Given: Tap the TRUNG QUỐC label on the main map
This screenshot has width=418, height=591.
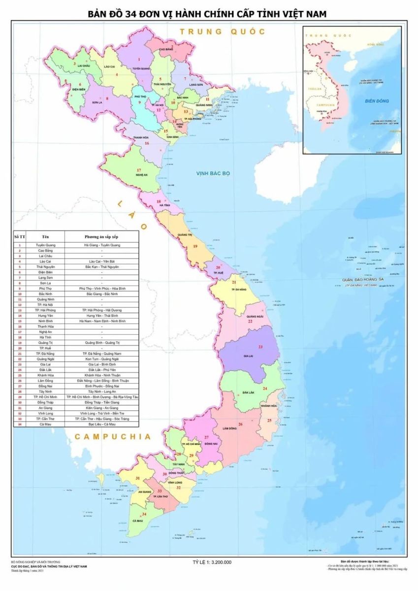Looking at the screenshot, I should pyautogui.click(x=222, y=32).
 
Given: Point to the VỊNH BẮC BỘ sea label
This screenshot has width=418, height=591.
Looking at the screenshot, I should pyautogui.click(x=213, y=173).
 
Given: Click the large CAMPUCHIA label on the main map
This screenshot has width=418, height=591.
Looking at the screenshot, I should pyautogui.click(x=112, y=436).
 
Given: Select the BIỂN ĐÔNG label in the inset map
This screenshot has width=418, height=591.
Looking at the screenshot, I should pyautogui.click(x=377, y=101).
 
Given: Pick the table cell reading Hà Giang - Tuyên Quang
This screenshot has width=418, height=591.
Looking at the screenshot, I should pyautogui.click(x=102, y=245).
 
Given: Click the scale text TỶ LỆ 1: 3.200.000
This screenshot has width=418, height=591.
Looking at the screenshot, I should pyautogui.click(x=212, y=561).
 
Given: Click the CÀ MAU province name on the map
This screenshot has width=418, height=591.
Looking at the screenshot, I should pyautogui.click(x=137, y=521).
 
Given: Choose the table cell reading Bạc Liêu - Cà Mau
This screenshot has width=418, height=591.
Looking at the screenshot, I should pyautogui.click(x=102, y=424).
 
